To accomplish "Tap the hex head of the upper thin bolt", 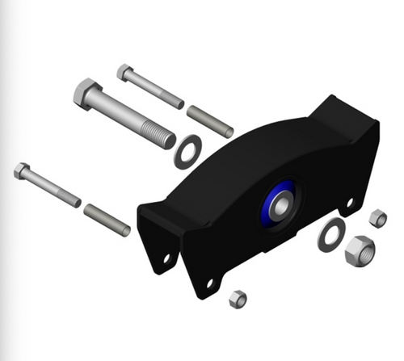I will tap(124, 72).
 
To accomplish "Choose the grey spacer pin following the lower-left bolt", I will tap(107, 219).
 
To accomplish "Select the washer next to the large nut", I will tap(329, 237).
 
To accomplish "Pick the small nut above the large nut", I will tap(377, 217).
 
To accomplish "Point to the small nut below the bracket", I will tap(237, 299).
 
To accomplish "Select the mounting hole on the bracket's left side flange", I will tap(167, 258).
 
